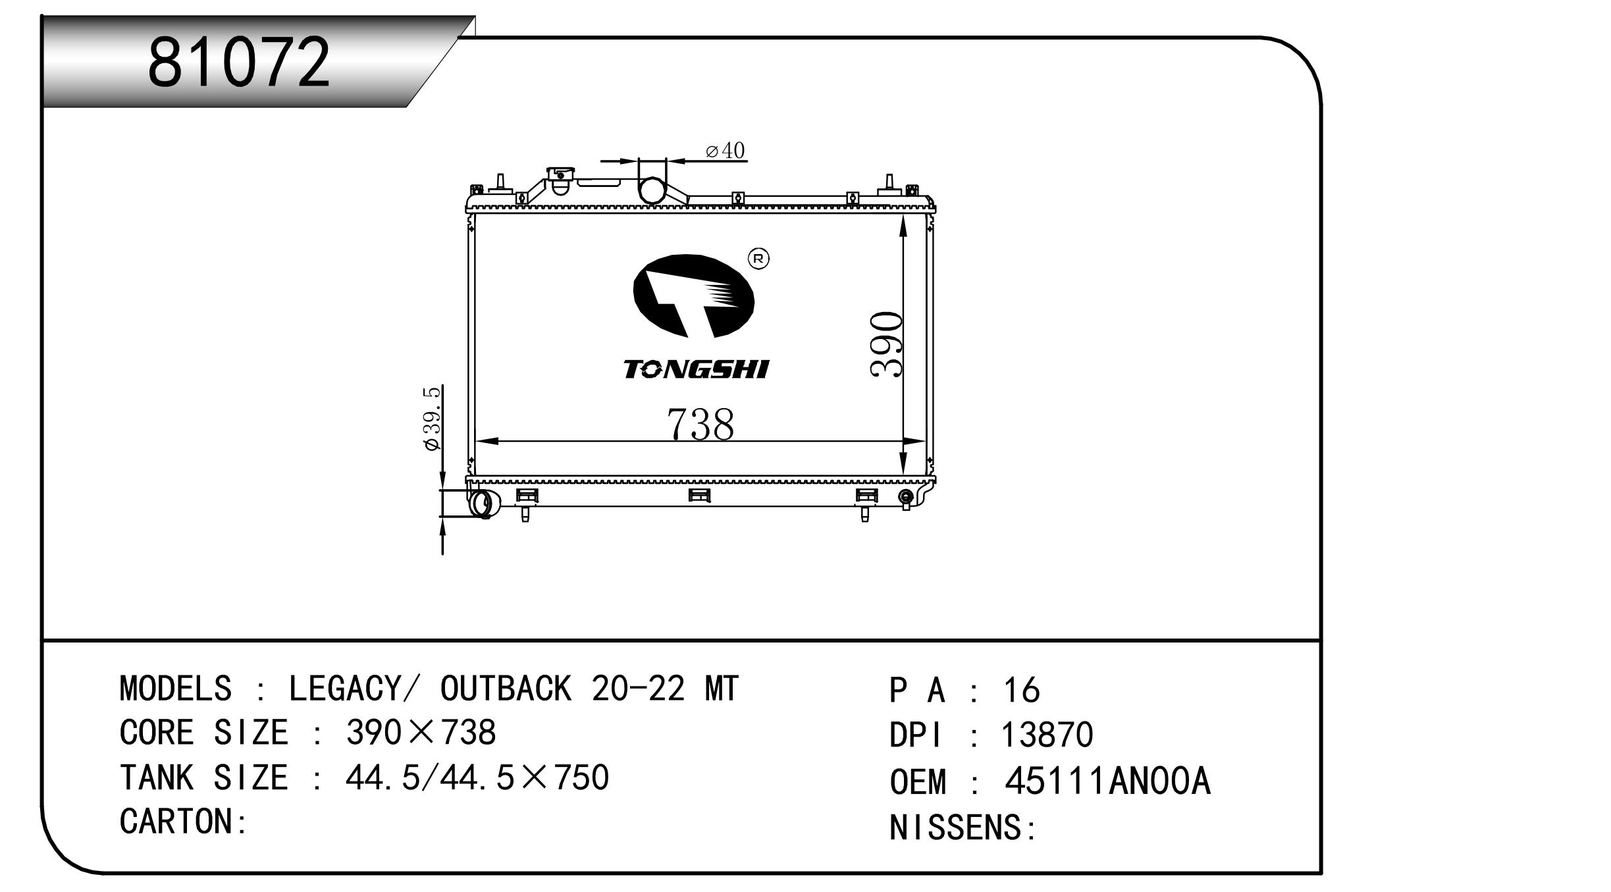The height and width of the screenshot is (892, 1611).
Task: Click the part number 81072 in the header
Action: [238, 62]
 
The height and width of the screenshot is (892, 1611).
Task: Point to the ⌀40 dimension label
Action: [725, 151]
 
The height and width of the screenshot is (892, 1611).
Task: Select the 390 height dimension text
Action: [886, 345]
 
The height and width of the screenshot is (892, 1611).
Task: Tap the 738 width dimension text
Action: [700, 424]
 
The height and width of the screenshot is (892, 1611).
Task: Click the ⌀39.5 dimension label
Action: [433, 419]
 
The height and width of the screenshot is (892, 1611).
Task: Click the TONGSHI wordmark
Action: [696, 370]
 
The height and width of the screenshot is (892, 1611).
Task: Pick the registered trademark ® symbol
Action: [758, 259]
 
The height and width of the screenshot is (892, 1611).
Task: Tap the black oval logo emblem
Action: [693, 296]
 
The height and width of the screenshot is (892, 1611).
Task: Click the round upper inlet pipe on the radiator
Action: [652, 190]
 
